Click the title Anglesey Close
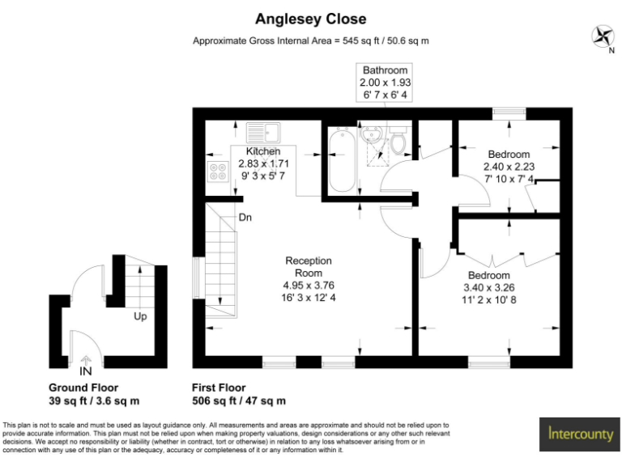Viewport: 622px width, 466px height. pyautogui.click(x=311, y=19)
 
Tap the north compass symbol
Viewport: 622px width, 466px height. pyautogui.click(x=602, y=36)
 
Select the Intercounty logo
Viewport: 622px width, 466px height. pyautogui.click(x=580, y=434)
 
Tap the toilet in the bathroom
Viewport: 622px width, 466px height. pyautogui.click(x=397, y=141)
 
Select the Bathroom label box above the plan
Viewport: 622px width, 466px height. pyautogui.click(x=385, y=83)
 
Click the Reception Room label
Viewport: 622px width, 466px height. pyautogui.click(x=308, y=267)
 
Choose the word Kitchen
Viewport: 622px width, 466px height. pyautogui.click(x=263, y=151)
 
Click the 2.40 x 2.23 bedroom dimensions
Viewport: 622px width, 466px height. pyautogui.click(x=509, y=167)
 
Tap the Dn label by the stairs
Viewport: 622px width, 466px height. pyautogui.click(x=245, y=218)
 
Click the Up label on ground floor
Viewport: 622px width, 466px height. pyautogui.click(x=140, y=316)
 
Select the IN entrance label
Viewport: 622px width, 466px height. pyautogui.click(x=86, y=371)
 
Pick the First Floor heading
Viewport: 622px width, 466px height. pyautogui.click(x=219, y=388)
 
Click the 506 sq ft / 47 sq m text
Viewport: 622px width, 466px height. pyautogui.click(x=238, y=400)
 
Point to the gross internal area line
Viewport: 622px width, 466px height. pyautogui.click(x=311, y=40)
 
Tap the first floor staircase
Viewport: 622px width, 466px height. pyautogui.click(x=222, y=259)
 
